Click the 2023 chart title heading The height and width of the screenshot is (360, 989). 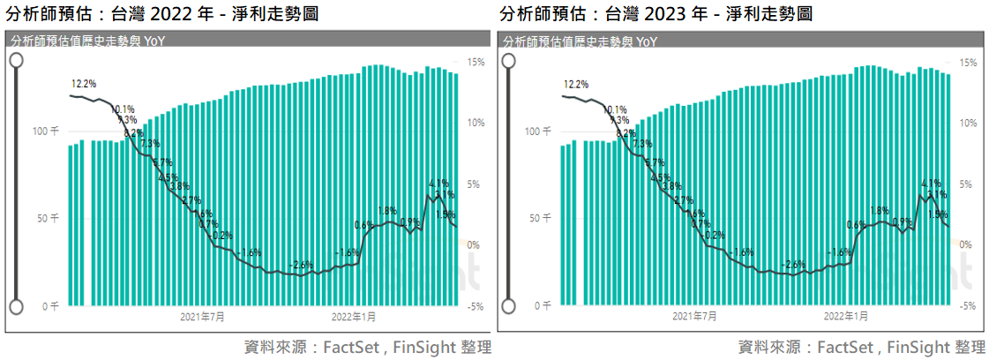pyautogui.click(x=655, y=14)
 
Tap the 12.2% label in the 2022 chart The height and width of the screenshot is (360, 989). pyautogui.click(x=84, y=84)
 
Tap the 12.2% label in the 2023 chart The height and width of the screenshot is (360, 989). pyautogui.click(x=576, y=85)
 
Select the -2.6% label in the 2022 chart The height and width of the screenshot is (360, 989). pyautogui.click(x=302, y=265)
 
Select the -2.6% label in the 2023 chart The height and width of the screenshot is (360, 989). pyautogui.click(x=794, y=265)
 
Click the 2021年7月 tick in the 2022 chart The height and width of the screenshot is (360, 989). pyautogui.click(x=202, y=316)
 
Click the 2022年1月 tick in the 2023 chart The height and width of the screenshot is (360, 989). pyautogui.click(x=846, y=316)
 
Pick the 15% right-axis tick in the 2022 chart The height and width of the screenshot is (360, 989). pyautogui.click(x=475, y=64)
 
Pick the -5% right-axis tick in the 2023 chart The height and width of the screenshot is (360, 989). pyautogui.click(x=967, y=306)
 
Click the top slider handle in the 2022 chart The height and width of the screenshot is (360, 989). pyautogui.click(x=15, y=59)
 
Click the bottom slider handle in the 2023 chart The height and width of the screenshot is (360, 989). pyautogui.click(x=508, y=306)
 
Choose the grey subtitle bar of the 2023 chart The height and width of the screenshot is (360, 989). pyautogui.click(x=740, y=41)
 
